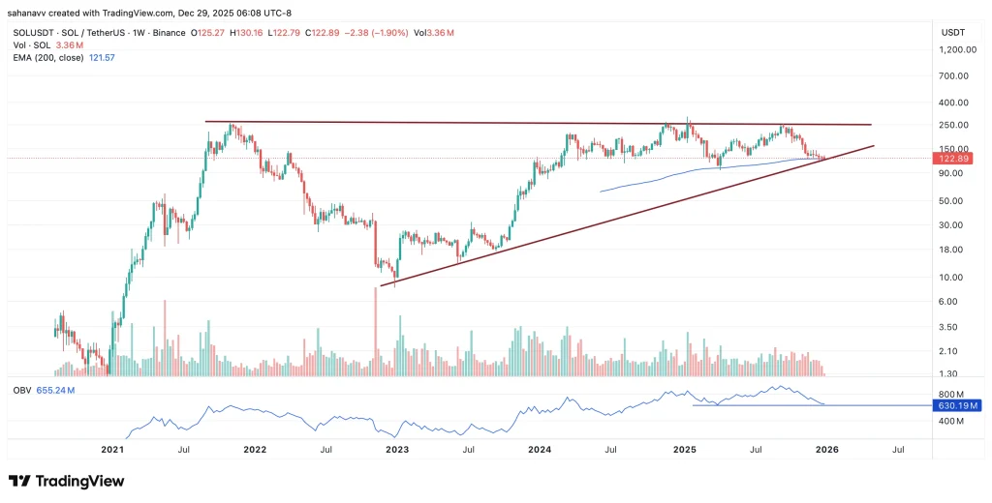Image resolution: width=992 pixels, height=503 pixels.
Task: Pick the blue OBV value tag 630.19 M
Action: point(956,405)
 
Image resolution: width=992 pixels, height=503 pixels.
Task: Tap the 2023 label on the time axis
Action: point(397,450)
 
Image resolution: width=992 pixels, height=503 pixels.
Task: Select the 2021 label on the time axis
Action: point(113,450)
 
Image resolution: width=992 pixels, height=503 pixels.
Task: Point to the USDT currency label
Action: point(954,32)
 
